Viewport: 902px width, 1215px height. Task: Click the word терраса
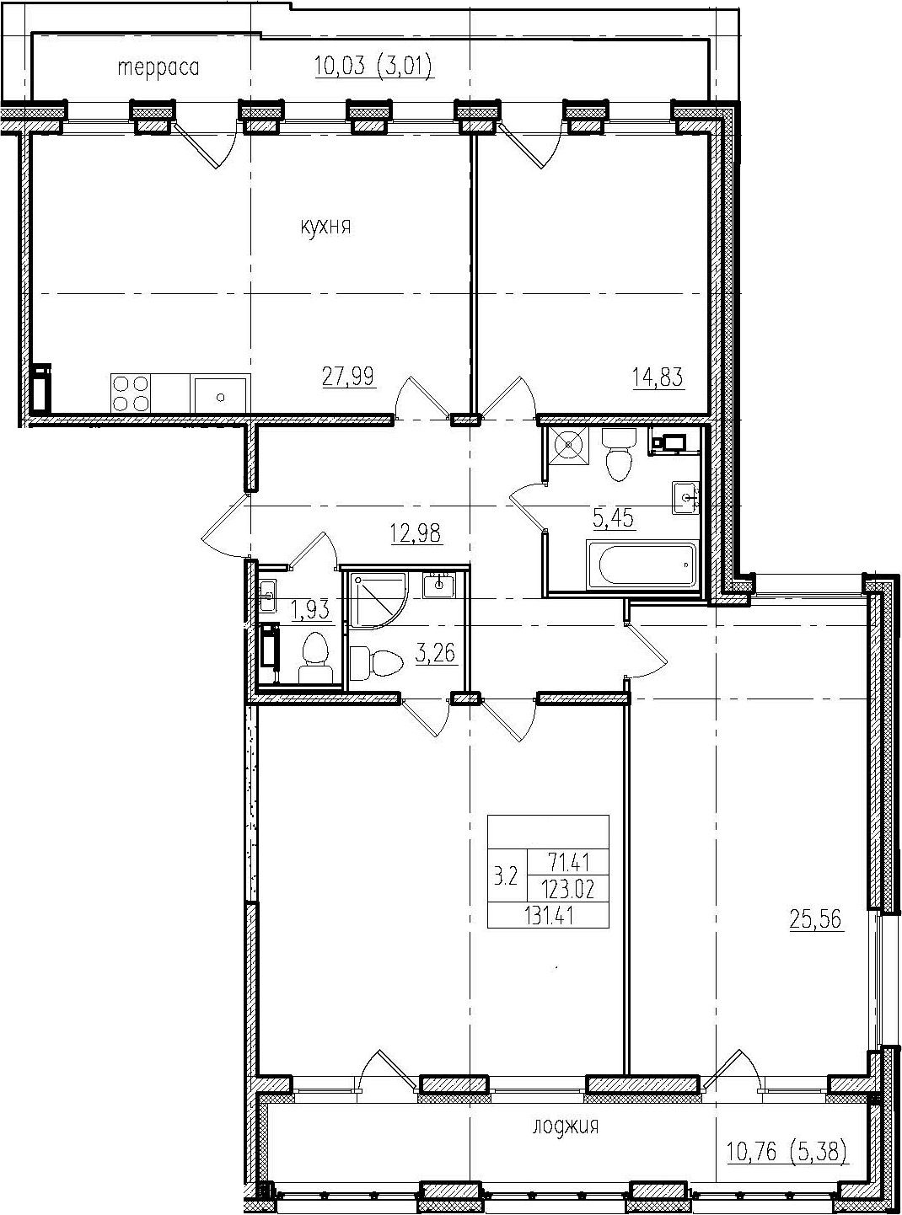[158, 68]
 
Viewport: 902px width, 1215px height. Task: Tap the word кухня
[325, 226]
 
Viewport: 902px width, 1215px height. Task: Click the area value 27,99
[348, 377]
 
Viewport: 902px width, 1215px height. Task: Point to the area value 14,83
[658, 377]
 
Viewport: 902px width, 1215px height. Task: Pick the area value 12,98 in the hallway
[416, 532]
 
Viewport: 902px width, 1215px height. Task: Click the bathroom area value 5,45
[614, 517]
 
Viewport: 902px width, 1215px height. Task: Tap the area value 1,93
[311, 610]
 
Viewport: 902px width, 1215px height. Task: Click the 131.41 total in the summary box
[549, 915]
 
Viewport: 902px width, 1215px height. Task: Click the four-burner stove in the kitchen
[131, 393]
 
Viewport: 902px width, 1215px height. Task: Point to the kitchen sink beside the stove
[221, 393]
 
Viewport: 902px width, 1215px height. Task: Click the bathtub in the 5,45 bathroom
[642, 565]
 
